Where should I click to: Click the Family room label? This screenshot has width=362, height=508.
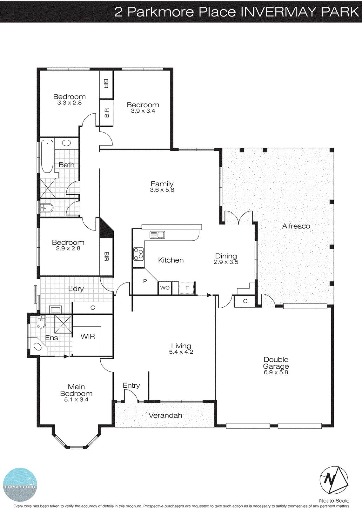tap(162, 184)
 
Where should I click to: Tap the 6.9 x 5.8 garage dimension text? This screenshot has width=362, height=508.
tap(276, 372)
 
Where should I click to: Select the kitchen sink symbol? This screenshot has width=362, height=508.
tap(157, 235)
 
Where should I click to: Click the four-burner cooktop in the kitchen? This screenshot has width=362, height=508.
tap(138, 254)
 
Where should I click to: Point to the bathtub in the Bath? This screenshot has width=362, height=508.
tap(47, 156)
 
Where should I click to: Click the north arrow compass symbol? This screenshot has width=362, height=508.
tap(334, 480)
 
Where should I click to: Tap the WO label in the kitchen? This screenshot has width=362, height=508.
tap(165, 288)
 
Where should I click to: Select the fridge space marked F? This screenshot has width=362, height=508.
tap(187, 288)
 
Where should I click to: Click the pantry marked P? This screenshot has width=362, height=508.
tap(145, 281)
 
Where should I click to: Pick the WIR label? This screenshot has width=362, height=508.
tap(88, 336)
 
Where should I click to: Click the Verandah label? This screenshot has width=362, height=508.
tap(165, 415)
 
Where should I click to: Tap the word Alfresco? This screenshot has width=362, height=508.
tap(296, 226)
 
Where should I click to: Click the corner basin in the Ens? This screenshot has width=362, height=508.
tap(38, 346)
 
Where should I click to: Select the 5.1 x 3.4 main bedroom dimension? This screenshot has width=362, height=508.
tap(76, 400)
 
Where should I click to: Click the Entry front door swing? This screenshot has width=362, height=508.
tap(130, 396)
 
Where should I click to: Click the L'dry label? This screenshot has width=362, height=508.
tap(76, 289)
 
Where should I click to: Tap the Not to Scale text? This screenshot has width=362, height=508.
tap(334, 501)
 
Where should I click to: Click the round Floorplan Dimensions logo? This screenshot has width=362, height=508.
tap(20, 485)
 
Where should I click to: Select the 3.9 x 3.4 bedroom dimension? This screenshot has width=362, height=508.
tap(143, 111)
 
